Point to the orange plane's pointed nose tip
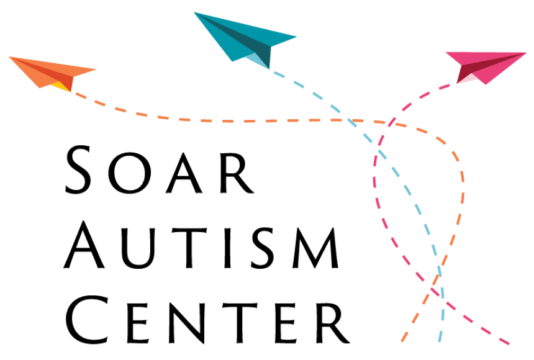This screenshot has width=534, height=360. (96, 69)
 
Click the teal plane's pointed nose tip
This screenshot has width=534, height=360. (296, 37)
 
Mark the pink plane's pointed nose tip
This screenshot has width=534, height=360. (527, 53)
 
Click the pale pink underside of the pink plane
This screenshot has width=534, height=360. (471, 78)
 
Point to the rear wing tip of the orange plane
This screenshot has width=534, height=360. (10, 58)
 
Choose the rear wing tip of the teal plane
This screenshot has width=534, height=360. (194, 13)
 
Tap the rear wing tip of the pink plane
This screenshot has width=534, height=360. (446, 53)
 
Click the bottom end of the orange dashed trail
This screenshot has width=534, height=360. (402, 341)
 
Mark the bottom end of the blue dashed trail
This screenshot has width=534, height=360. (439, 341)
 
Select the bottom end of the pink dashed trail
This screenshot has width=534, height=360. (509, 343)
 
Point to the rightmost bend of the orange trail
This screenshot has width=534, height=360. (463, 180)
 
